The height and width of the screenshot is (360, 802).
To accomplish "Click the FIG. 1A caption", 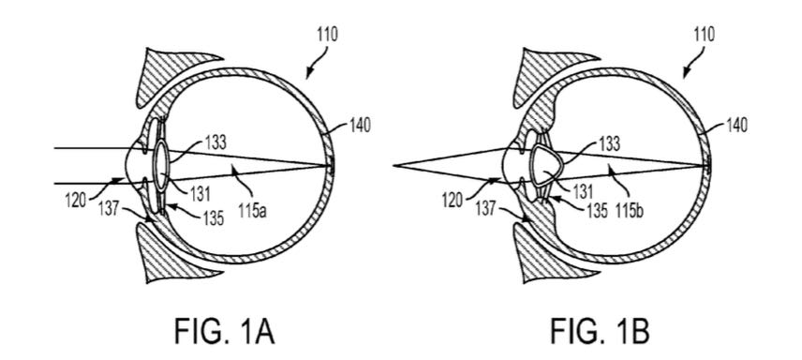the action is pos(225,331).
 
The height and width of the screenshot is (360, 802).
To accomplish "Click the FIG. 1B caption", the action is pos(601,331).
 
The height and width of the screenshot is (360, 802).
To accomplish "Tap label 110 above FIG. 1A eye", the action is pos(326,36).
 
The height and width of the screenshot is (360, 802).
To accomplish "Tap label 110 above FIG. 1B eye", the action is pos(704,36).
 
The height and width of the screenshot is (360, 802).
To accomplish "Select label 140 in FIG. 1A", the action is pos(359,126).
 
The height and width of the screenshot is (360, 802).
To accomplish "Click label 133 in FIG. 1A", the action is pos(215,142).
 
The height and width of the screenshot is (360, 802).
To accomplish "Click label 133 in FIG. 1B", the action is pos(609,144).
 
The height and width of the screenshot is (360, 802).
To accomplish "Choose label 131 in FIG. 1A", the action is pos(199,193).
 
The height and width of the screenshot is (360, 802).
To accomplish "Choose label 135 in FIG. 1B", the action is pos(597,212).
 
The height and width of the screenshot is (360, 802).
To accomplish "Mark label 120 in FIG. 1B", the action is pos(453,199).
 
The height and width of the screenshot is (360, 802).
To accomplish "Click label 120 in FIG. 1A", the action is pos(77,199).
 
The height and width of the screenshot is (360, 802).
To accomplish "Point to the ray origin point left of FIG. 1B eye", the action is pos(394,165).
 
